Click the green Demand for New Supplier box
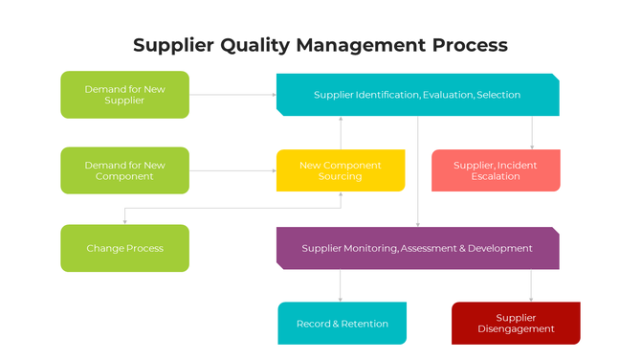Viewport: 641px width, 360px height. [124, 95]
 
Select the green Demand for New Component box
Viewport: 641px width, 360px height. [124, 170]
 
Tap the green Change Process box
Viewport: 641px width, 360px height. [124, 248]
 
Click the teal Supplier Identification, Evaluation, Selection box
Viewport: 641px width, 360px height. [417, 95]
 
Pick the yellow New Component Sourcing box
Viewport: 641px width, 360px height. [340, 170]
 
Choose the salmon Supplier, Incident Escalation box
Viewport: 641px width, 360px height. [496, 170]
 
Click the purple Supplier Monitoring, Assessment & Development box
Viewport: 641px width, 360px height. [417, 248]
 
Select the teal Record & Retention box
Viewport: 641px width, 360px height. [342, 324]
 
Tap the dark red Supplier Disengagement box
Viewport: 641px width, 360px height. [516, 324]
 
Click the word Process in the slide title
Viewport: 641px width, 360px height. [469, 45]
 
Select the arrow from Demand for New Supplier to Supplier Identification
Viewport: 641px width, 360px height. [232, 95]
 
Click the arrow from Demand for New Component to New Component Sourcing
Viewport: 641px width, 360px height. [232, 170]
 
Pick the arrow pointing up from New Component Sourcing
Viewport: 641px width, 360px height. [340, 133]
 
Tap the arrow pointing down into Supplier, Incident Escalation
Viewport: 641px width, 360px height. [532, 133]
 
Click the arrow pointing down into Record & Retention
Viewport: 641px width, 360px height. [340, 285]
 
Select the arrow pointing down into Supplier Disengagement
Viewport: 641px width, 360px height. [532, 285]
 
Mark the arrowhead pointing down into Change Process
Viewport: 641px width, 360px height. [124, 221]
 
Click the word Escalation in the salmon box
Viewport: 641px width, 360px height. [496, 177]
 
